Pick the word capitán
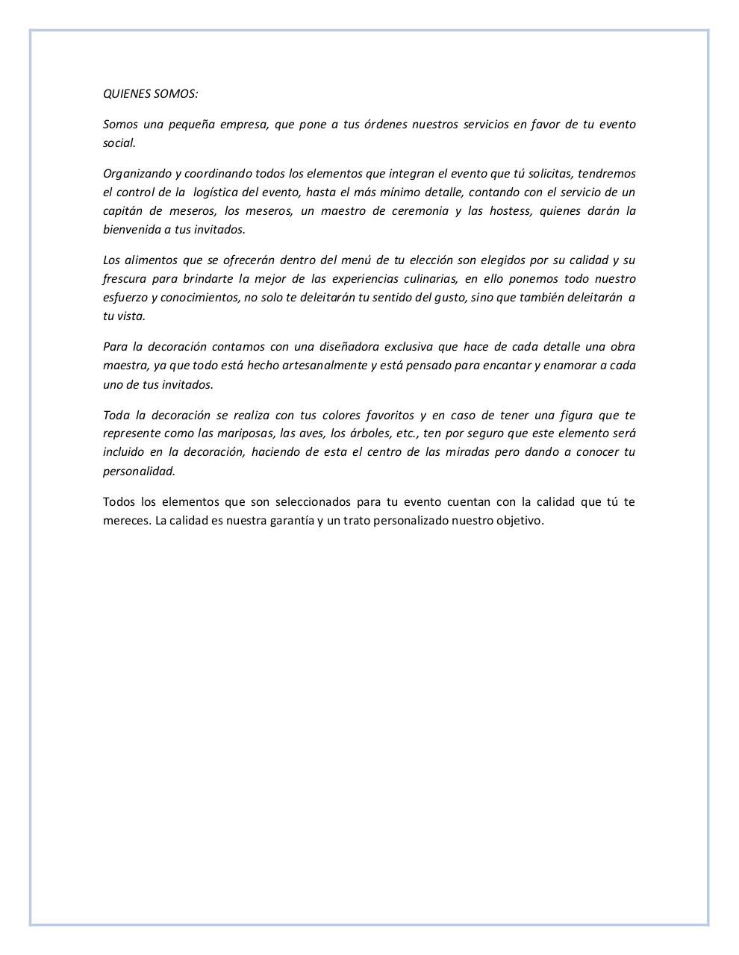(x=123, y=211)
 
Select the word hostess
(x=511, y=211)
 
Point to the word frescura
(x=125, y=279)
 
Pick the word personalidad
(x=139, y=471)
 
